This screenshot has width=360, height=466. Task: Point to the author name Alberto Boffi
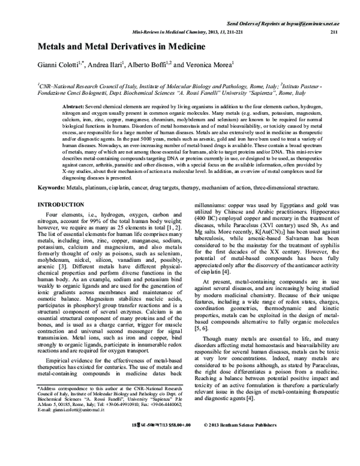click(x=149, y=65)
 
